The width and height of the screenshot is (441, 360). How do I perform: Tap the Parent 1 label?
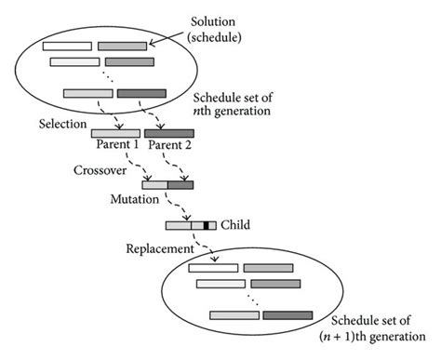click(116, 146)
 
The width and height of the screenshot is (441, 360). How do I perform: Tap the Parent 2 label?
click(168, 146)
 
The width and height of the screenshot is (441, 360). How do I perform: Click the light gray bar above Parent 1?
click(116, 134)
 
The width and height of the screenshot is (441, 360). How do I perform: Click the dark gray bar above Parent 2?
click(168, 134)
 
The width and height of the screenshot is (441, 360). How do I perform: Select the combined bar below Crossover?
click(167, 185)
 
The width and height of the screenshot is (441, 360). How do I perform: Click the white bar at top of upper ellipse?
click(66, 45)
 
